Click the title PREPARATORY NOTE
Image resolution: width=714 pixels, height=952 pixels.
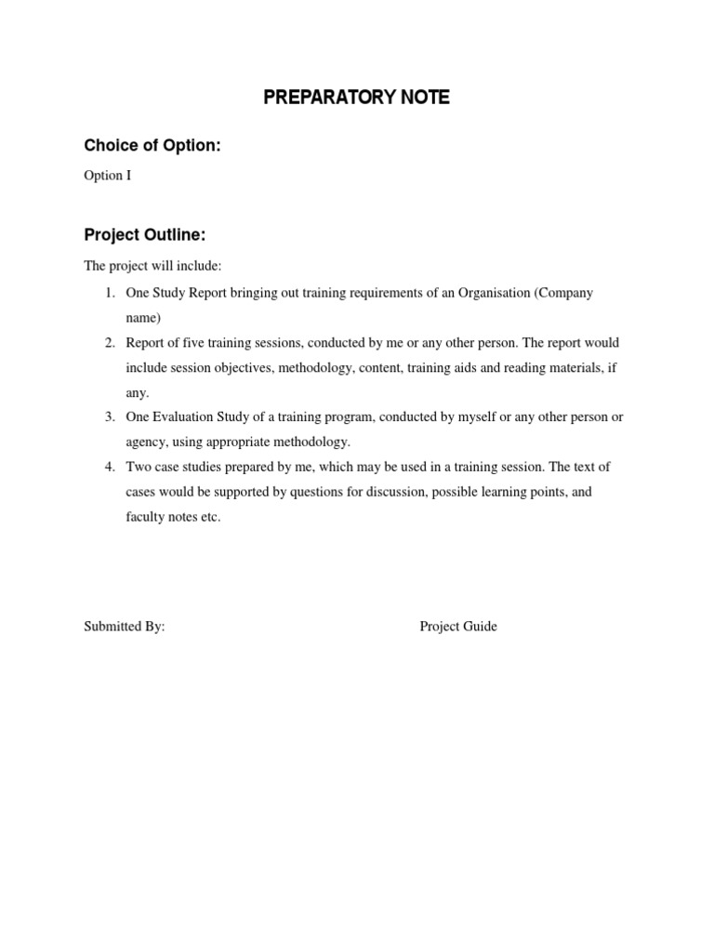pyautogui.click(x=356, y=98)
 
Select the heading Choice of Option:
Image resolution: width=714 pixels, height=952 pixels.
pyautogui.click(x=152, y=146)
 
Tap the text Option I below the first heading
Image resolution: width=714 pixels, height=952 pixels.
pyautogui.click(x=107, y=176)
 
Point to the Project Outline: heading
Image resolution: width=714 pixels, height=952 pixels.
pyautogui.click(x=144, y=235)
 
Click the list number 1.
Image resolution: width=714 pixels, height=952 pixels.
pyautogui.click(x=109, y=293)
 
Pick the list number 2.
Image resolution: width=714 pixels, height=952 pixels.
pyautogui.click(x=109, y=343)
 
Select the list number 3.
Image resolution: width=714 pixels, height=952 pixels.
pyautogui.click(x=109, y=417)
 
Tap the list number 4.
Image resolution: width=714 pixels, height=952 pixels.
pyautogui.click(x=109, y=467)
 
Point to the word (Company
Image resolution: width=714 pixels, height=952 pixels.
pyautogui.click(x=563, y=293)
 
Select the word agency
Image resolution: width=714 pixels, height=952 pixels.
pyautogui.click(x=146, y=443)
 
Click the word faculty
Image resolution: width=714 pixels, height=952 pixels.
pyautogui.click(x=146, y=517)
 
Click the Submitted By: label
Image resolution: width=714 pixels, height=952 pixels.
pyautogui.click(x=124, y=627)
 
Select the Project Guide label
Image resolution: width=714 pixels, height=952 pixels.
pyautogui.click(x=457, y=627)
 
